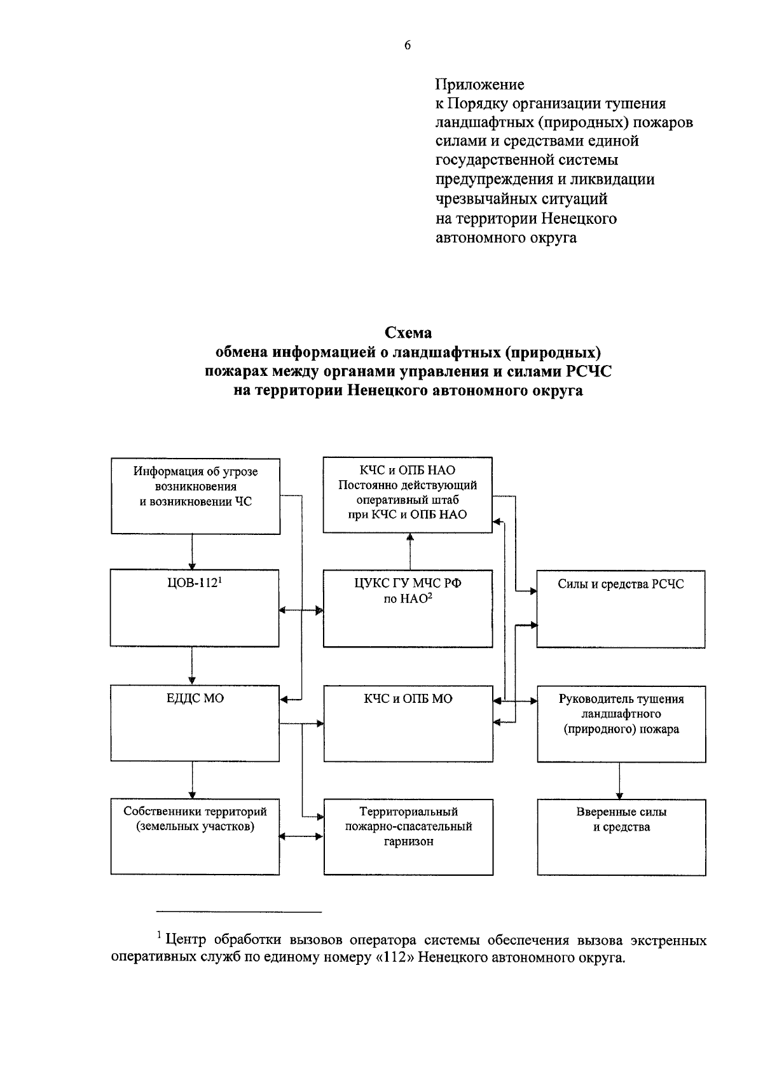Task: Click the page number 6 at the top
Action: click(407, 45)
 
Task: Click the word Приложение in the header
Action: click(479, 84)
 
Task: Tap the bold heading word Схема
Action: click(408, 333)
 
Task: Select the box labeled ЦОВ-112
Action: click(195, 608)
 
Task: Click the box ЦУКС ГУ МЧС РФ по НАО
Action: click(408, 608)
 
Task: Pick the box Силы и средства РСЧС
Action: click(621, 609)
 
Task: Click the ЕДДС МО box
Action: click(195, 723)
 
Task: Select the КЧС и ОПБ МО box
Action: click(408, 723)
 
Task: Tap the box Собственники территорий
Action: click(195, 836)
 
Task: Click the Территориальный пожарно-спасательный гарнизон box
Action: click(408, 836)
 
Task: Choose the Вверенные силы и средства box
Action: click(621, 836)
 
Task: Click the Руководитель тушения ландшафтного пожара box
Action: click(621, 723)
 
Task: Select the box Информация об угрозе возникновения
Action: click(195, 495)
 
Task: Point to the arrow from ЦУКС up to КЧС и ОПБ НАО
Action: click(409, 551)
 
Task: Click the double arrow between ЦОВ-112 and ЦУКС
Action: click(301, 611)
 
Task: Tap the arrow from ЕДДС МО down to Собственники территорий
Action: click(191, 780)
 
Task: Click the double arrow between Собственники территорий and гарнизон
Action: click(301, 836)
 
